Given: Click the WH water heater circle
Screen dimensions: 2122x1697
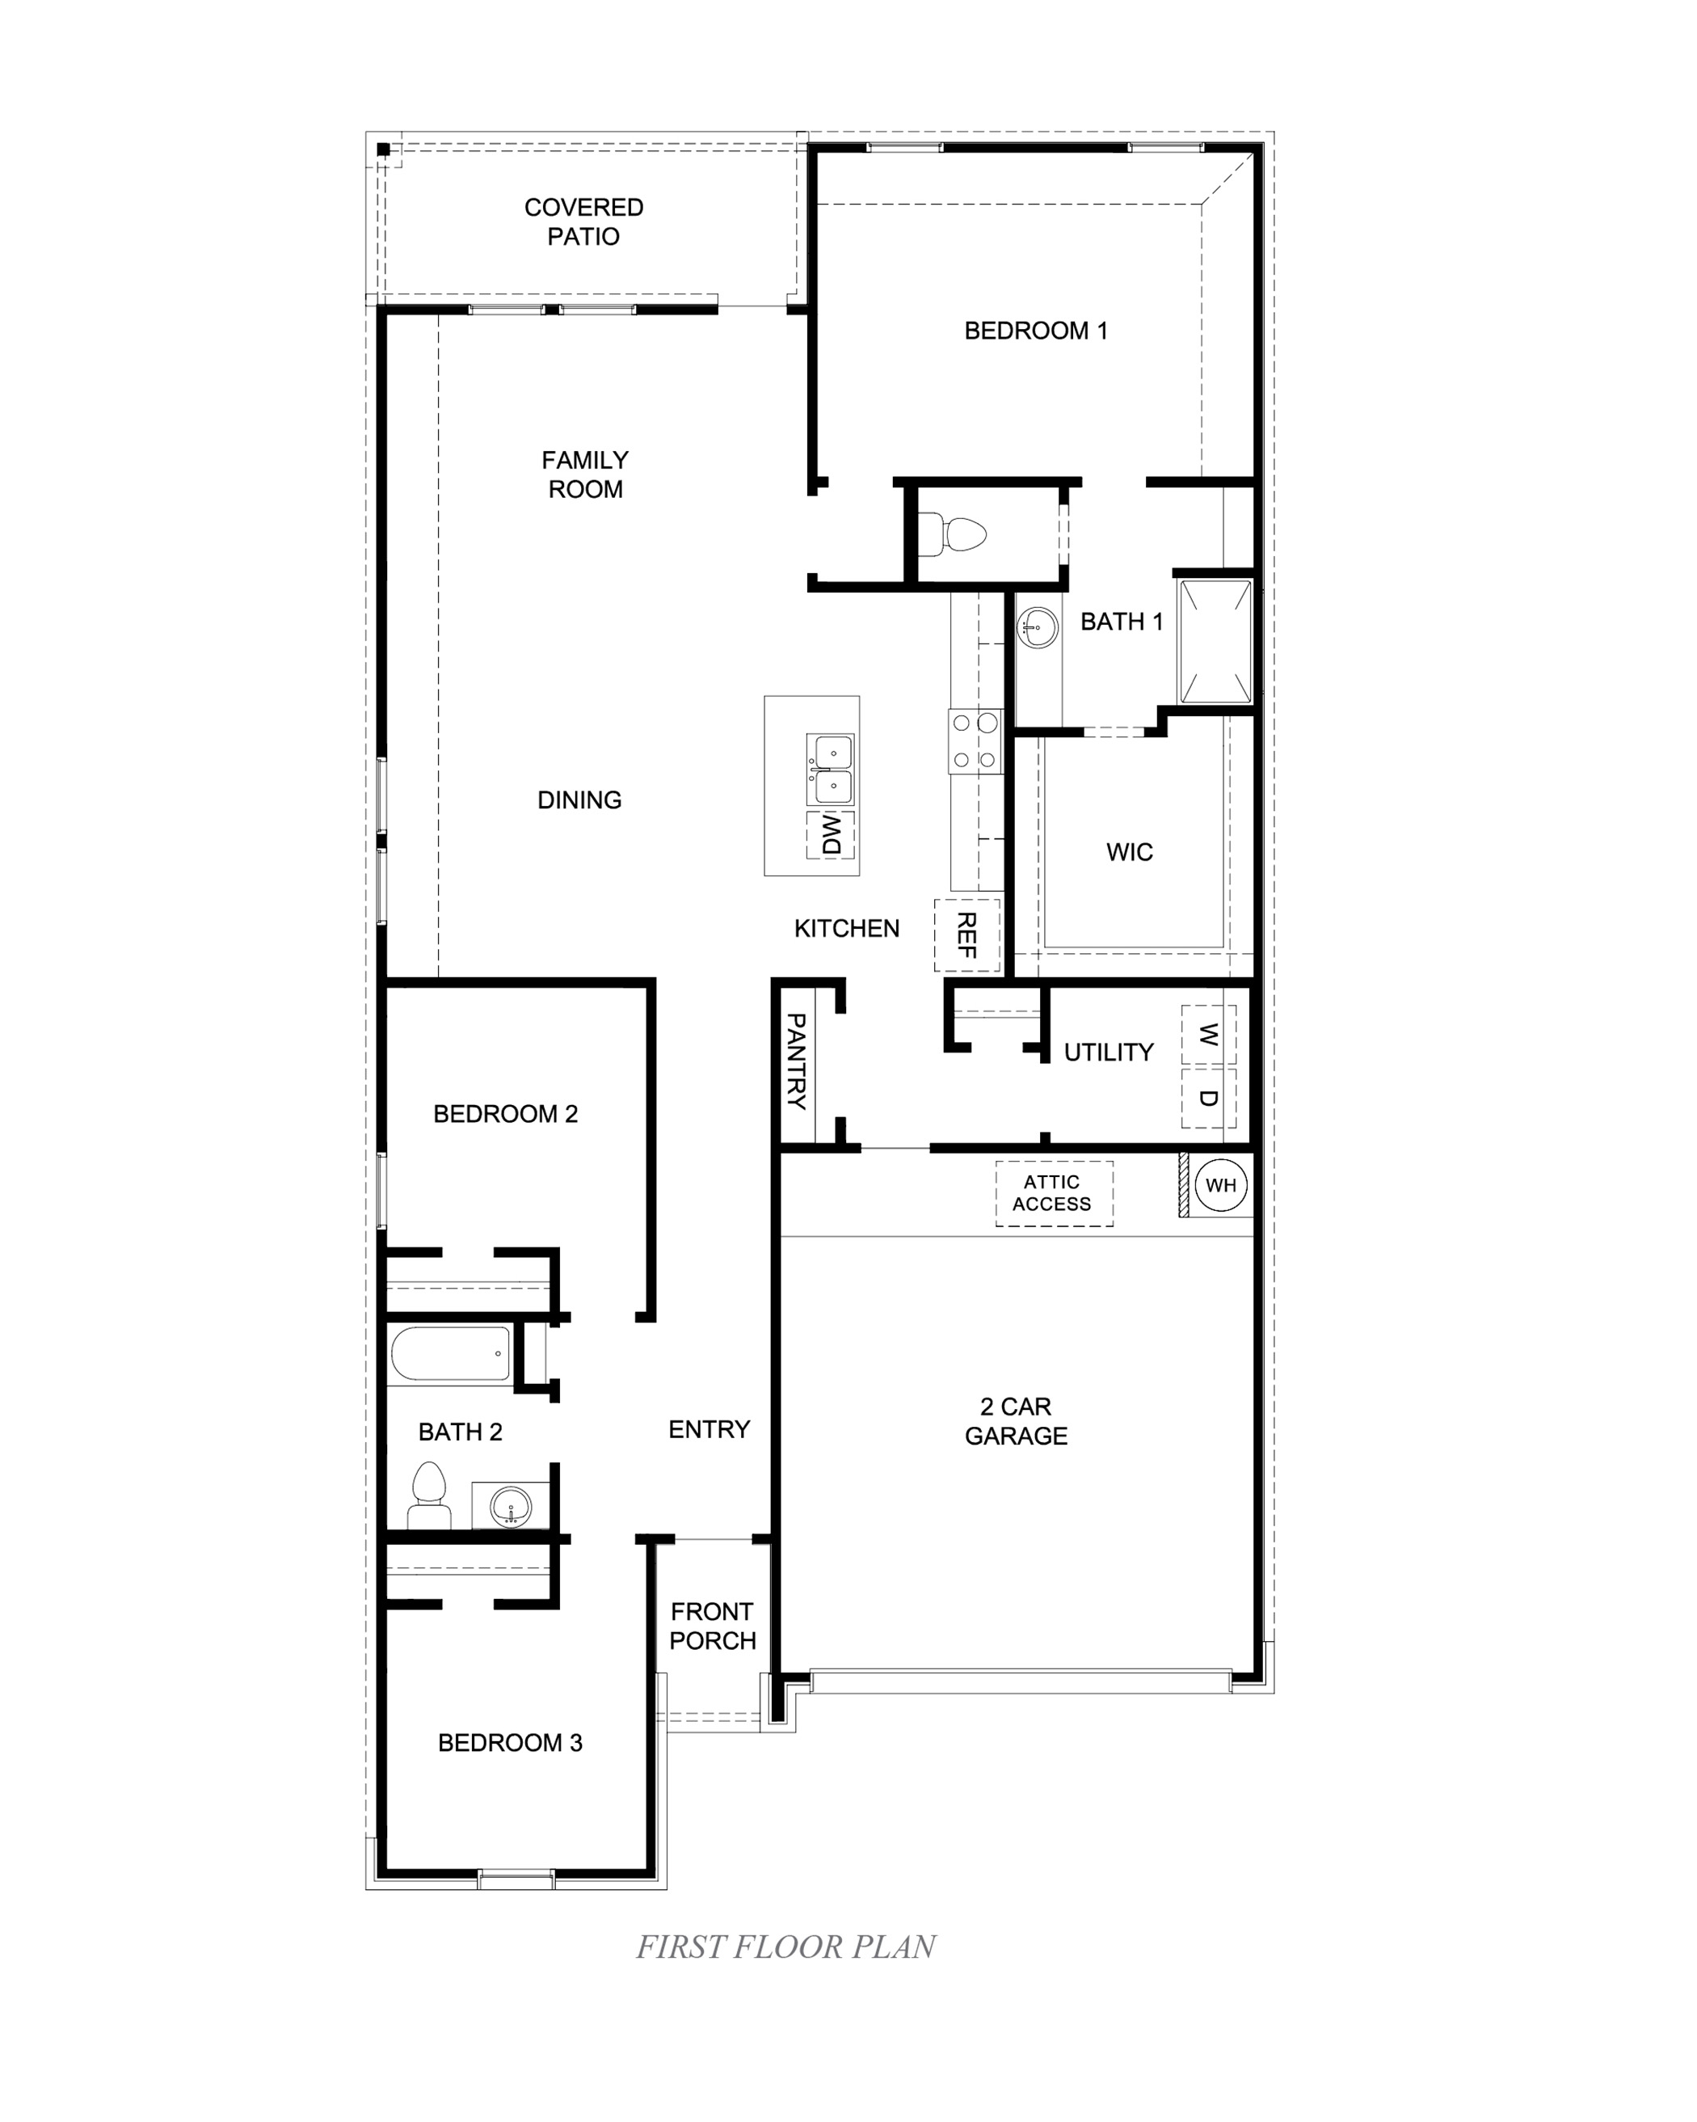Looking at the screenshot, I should click(1221, 1185).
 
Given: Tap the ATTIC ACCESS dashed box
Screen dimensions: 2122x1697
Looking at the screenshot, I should click(1054, 1193).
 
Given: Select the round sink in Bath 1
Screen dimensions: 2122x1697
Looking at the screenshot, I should click(1037, 626).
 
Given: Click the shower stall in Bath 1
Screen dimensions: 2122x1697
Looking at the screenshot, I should click(1216, 642).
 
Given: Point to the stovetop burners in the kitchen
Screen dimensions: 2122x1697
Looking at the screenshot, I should click(975, 741).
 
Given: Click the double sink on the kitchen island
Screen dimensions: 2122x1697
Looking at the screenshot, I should click(830, 770).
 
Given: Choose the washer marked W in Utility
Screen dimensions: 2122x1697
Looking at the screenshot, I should click(1208, 1035).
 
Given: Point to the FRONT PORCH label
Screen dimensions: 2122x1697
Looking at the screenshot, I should click(712, 1626).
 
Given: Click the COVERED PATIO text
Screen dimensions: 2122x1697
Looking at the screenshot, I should click(583, 221).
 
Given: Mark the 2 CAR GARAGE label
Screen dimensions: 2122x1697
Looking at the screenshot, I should click(1015, 1420).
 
